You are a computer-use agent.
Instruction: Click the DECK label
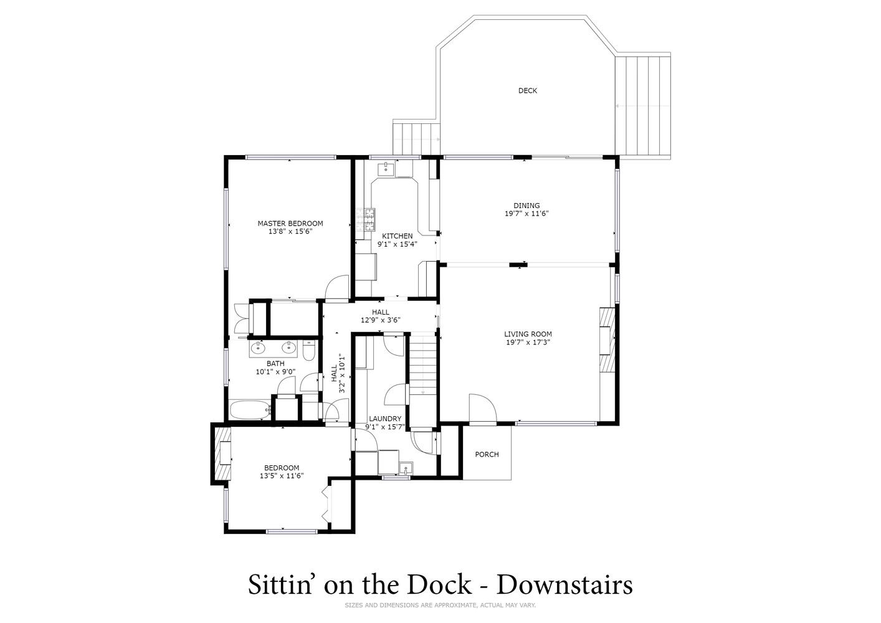[528, 90]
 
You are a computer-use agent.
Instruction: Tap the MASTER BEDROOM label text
[290, 224]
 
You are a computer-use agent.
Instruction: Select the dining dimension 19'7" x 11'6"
[526, 214]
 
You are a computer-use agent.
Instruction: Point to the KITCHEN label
[398, 236]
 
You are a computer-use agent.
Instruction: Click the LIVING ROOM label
[528, 334]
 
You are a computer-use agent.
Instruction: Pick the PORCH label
[487, 454]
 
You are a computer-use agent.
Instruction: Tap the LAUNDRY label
[385, 419]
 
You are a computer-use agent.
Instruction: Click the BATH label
[275, 363]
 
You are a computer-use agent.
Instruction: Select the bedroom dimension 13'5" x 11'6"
[282, 476]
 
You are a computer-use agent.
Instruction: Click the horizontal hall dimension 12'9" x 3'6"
[380, 320]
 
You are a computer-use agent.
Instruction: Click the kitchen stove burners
[365, 219]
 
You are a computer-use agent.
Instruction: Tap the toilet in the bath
[309, 351]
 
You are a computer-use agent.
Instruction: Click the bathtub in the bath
[249, 410]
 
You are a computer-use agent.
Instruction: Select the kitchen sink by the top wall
[386, 169]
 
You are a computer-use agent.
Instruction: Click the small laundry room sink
[406, 468]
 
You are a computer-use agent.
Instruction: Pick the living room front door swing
[483, 408]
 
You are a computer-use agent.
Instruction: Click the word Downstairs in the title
[564, 584]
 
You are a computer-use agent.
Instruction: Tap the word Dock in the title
[439, 584]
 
